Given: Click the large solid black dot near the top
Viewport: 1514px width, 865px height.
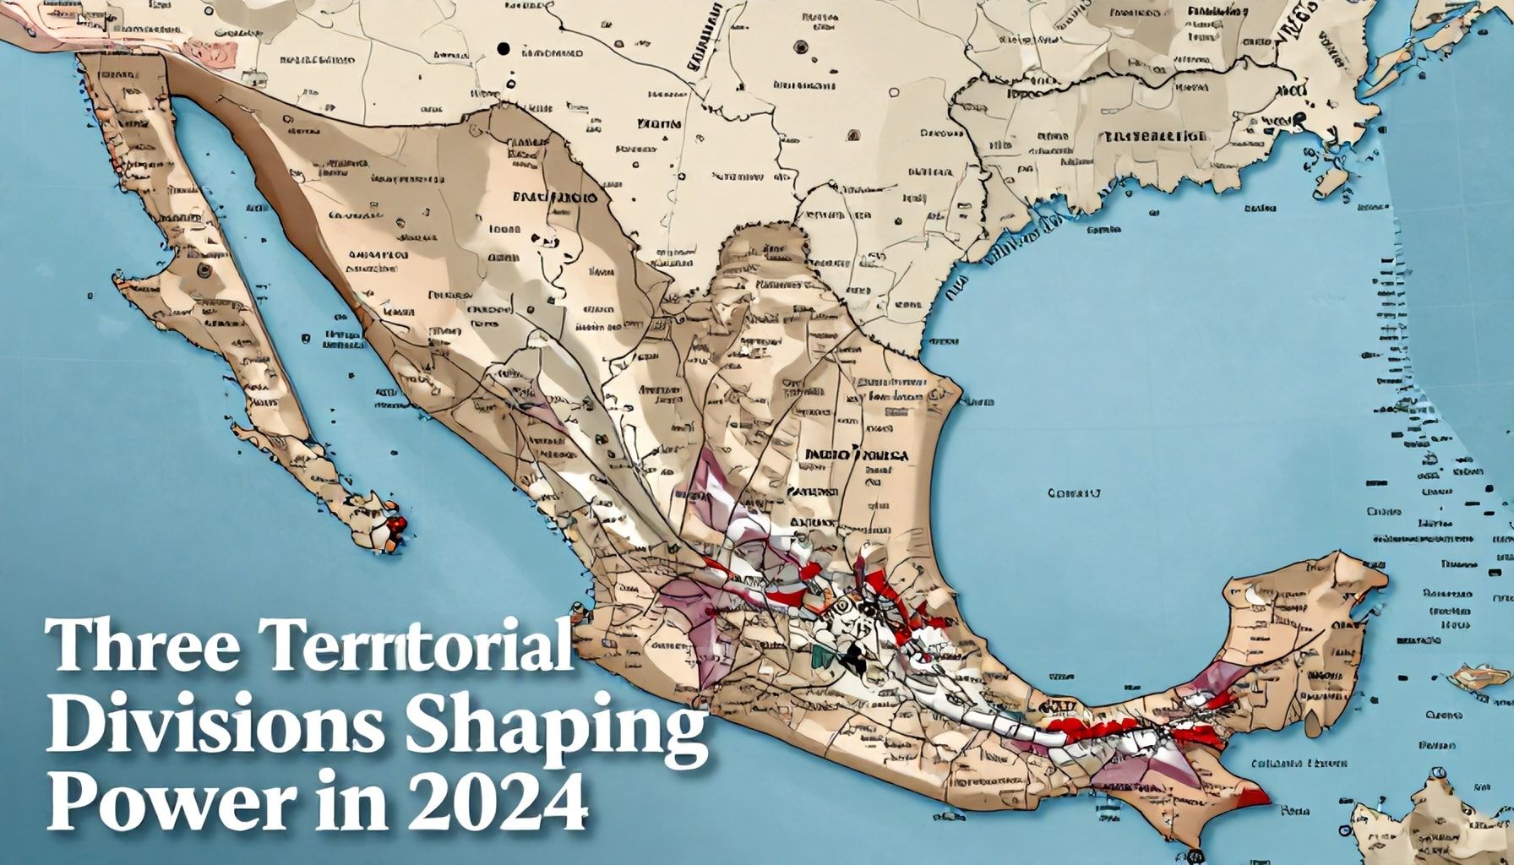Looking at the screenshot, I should (x=504, y=49).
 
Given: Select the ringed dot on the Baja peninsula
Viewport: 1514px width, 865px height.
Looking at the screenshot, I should (x=204, y=271).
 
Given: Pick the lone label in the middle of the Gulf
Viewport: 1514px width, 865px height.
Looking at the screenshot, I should (x=1074, y=492).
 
